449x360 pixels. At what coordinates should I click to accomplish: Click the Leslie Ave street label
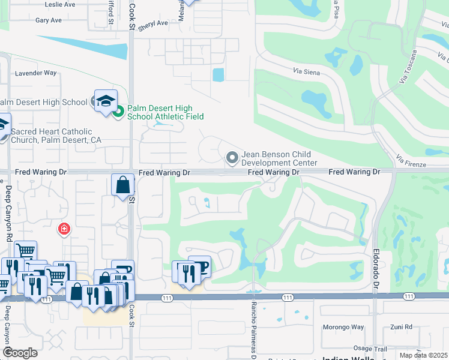[x=60, y=4]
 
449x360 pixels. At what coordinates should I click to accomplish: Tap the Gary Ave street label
[x=49, y=20]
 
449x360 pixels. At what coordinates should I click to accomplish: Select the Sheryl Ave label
[x=153, y=24]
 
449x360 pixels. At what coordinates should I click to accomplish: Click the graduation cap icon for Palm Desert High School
[x=104, y=100]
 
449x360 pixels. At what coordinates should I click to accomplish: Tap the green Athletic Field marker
[x=119, y=111]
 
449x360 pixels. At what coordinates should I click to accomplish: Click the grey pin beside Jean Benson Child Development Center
[x=232, y=158]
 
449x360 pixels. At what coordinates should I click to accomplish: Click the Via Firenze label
[x=411, y=160]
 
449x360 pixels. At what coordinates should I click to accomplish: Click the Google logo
[x=20, y=353]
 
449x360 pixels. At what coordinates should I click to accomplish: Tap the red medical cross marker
[x=63, y=229]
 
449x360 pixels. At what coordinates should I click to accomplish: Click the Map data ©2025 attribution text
[x=424, y=355]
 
